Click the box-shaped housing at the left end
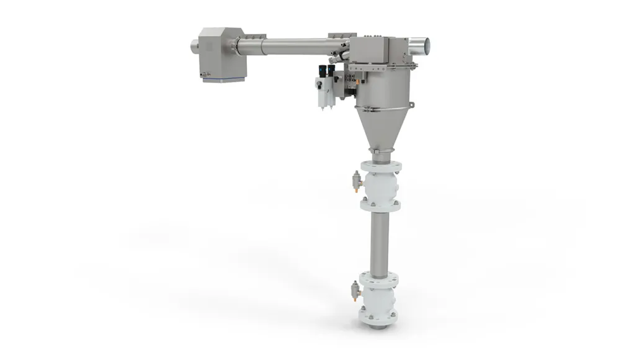tap(221, 52)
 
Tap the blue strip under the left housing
tap(223, 79)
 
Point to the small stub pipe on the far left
tap(194, 45)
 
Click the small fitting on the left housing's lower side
tap(203, 74)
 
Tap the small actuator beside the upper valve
tap(356, 181)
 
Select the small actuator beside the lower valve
tap(355, 290)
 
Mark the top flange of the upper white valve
tap(380, 167)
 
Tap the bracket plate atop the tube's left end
tap(254, 37)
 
